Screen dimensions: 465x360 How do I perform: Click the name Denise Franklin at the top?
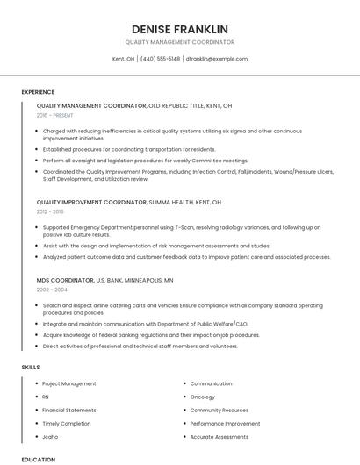click(x=179, y=29)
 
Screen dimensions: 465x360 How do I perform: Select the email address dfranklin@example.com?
click(x=216, y=59)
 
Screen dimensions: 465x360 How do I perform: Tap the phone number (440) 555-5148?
click(x=160, y=59)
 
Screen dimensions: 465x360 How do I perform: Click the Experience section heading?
click(x=38, y=92)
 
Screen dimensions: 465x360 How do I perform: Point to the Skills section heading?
click(x=31, y=367)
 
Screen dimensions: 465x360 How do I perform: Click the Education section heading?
click(x=39, y=459)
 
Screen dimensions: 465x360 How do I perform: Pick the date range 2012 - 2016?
click(x=50, y=211)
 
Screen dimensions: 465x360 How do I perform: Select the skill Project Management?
click(x=68, y=383)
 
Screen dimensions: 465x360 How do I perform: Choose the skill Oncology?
click(x=202, y=397)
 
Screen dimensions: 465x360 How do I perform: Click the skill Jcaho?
click(x=50, y=436)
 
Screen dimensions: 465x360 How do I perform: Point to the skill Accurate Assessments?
click(x=219, y=436)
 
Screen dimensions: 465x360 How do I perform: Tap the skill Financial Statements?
click(x=69, y=410)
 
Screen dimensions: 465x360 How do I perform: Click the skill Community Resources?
click(x=219, y=410)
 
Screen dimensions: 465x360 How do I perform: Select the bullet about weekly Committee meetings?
click(x=145, y=161)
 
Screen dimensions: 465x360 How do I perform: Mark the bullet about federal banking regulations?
click(x=151, y=334)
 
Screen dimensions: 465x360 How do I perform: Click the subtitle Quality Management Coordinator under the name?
click(x=179, y=42)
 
